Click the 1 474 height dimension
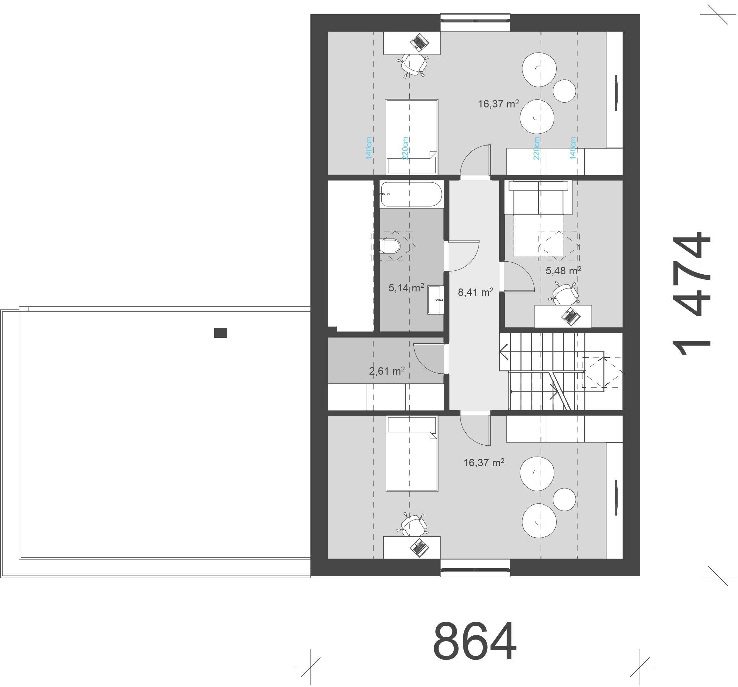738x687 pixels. (x=691, y=294)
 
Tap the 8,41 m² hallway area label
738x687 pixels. (x=476, y=292)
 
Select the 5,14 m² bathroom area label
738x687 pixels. (x=406, y=287)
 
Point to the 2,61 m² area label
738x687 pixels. (x=387, y=371)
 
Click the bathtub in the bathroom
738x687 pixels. (x=411, y=194)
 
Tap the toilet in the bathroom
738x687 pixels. (x=389, y=246)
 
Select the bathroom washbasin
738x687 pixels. (x=435, y=299)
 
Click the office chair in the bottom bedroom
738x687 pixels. (x=413, y=524)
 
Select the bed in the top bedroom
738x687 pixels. (x=412, y=136)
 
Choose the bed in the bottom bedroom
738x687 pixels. (x=412, y=453)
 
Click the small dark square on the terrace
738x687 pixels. (x=220, y=333)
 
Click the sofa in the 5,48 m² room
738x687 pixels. (x=538, y=197)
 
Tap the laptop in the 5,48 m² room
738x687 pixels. (x=571, y=316)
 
